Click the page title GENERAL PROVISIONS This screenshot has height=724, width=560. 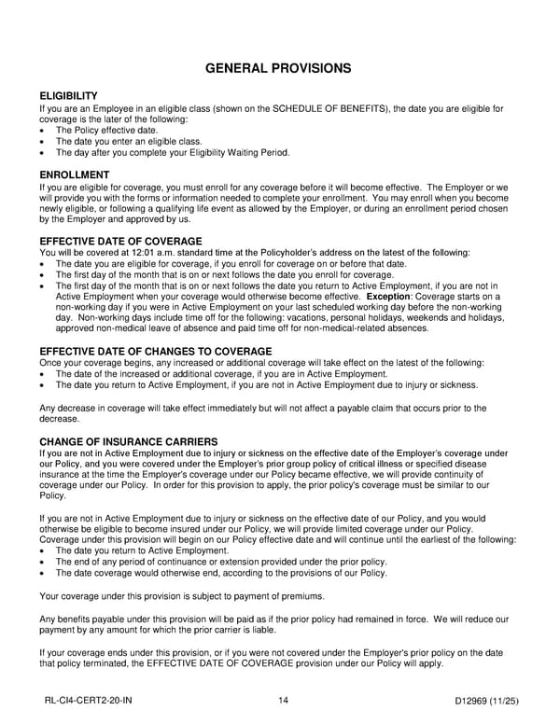278,68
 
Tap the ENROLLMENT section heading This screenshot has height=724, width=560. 75,174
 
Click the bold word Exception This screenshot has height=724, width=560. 393,297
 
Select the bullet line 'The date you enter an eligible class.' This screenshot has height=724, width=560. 129,141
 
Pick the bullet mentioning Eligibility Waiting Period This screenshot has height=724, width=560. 173,152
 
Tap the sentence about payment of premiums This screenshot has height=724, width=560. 168,595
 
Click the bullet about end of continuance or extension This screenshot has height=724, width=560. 221,562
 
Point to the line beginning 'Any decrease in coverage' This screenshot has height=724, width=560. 261,407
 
